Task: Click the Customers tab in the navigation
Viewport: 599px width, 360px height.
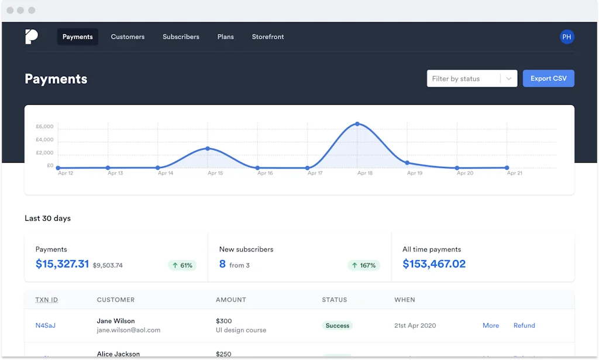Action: [128, 37]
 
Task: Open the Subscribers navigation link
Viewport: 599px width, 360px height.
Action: [181, 37]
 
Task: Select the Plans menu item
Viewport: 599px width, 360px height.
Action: [225, 37]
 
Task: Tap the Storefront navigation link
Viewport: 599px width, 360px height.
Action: [268, 37]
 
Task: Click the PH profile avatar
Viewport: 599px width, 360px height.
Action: [566, 37]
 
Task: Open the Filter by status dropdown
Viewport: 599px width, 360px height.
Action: [471, 78]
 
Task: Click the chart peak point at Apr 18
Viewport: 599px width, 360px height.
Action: [357, 124]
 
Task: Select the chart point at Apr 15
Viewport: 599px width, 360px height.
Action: [208, 149]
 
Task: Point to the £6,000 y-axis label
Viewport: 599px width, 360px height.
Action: [44, 126]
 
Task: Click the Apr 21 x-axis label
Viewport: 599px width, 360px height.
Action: [515, 173]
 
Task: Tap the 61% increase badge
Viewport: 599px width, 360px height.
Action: [182, 265]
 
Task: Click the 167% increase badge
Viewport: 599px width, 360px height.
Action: [363, 265]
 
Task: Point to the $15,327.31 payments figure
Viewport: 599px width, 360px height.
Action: [62, 264]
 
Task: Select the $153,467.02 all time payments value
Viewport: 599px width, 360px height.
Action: [434, 264]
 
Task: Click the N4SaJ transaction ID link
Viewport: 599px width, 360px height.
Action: [45, 325]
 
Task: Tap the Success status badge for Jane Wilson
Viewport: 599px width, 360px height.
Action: [337, 325]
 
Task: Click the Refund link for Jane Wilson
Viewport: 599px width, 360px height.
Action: [524, 325]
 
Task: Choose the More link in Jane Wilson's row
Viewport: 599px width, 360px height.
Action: [491, 325]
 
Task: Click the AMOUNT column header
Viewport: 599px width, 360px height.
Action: [231, 300]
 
